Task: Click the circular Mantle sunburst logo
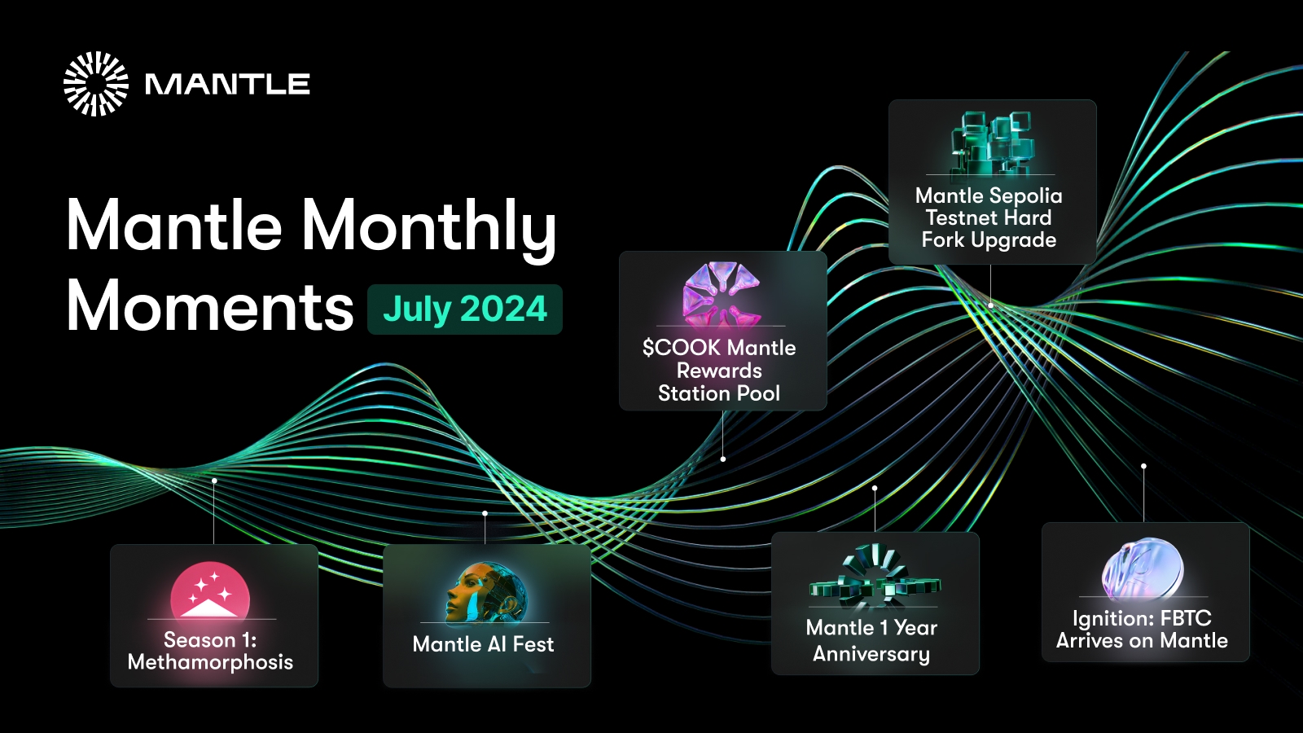96,84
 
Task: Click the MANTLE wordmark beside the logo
227,85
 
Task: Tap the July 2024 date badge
465,309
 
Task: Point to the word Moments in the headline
210,306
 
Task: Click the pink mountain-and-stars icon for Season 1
210,590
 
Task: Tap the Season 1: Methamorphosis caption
210,651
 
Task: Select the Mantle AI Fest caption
483,644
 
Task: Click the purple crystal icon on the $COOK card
722,293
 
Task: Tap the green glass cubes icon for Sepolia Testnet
991,143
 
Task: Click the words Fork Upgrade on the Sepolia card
989,240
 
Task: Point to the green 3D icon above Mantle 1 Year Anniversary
875,576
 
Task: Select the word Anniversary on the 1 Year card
871,654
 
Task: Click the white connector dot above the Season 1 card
215,481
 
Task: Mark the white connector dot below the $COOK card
723,459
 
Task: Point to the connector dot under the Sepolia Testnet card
990,305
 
